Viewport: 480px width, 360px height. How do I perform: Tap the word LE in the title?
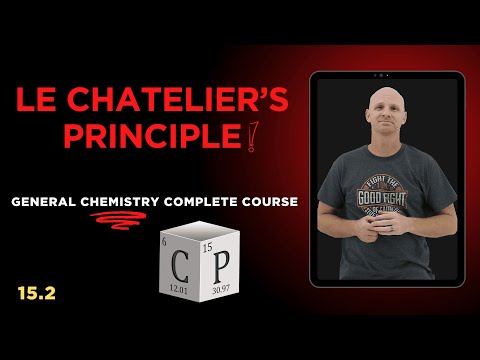pos(37,100)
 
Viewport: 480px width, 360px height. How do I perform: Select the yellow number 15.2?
pos(29,292)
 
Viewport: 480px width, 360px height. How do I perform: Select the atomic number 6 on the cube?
pos(165,243)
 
